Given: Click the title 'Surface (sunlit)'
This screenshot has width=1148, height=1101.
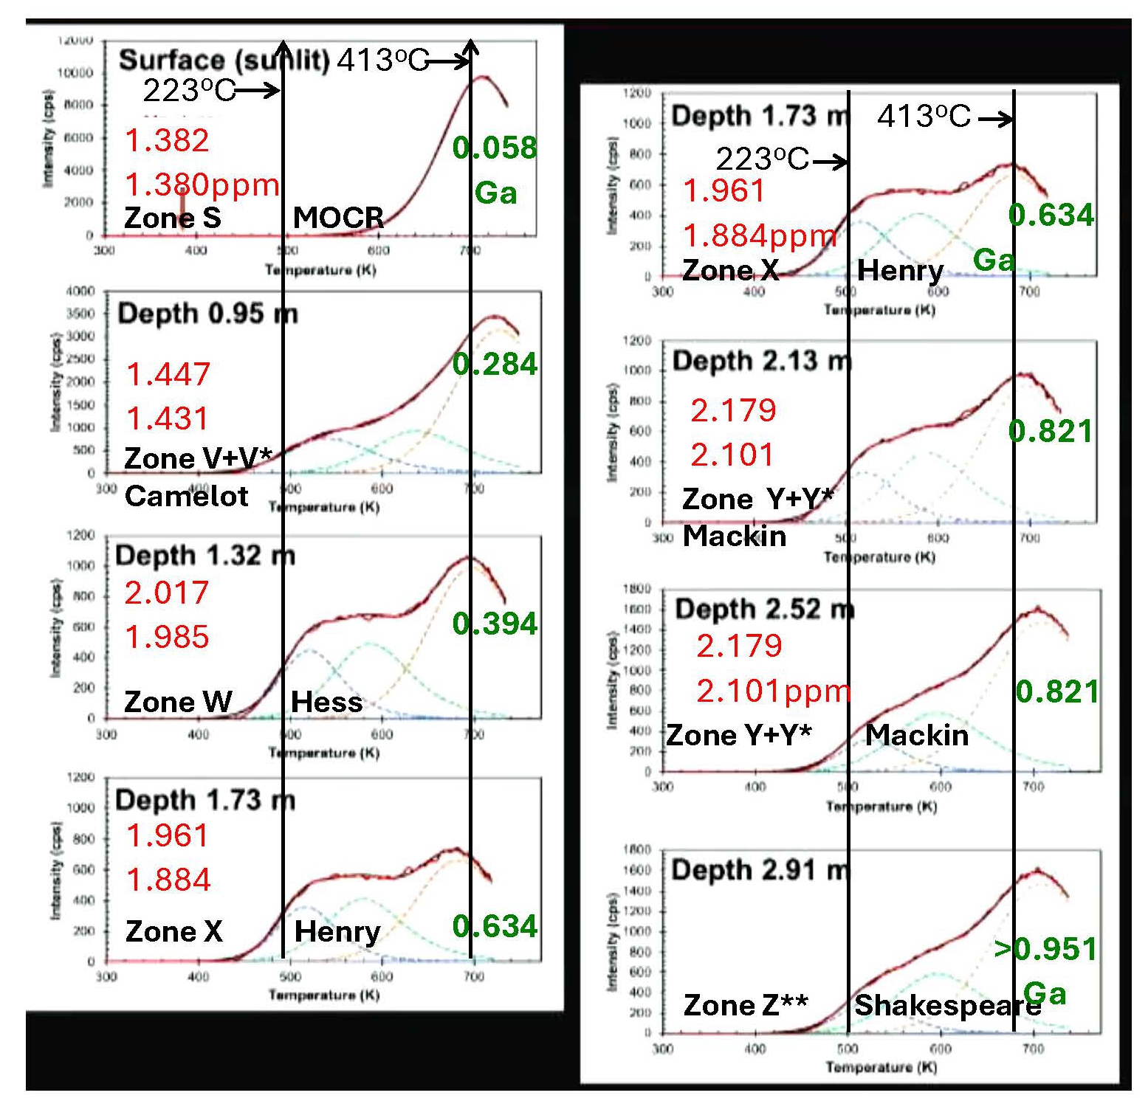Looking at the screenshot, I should pyautogui.click(x=224, y=61).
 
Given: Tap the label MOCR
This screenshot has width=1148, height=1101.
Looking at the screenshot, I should pyautogui.click(x=338, y=218).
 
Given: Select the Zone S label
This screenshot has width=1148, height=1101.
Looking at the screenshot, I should pyautogui.click(x=172, y=218).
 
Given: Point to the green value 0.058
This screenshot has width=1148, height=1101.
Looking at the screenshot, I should pyautogui.click(x=494, y=148).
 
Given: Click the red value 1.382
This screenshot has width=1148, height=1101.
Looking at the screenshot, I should pyautogui.click(x=167, y=140).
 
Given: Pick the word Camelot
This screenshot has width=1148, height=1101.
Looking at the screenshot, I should pyautogui.click(x=186, y=496).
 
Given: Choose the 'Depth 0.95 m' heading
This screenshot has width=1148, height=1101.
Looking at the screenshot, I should pyautogui.click(x=207, y=314).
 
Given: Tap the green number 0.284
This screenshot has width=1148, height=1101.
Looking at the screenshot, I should pyautogui.click(x=494, y=364).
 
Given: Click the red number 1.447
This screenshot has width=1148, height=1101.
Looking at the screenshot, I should pyautogui.click(x=168, y=374).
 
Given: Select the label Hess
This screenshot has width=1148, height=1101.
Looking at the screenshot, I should pyautogui.click(x=326, y=702).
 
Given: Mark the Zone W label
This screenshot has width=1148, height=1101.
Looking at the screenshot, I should pyautogui.click(x=177, y=702).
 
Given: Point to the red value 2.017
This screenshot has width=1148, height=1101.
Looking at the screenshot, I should pyautogui.click(x=166, y=593).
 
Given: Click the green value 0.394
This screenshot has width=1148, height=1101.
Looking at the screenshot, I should pyautogui.click(x=494, y=624).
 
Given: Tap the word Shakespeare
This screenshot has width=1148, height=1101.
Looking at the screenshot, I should pyautogui.click(x=947, y=1005).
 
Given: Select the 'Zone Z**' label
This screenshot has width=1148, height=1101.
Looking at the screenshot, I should pyautogui.click(x=745, y=1005).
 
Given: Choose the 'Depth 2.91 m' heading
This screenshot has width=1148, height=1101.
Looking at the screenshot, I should pyautogui.click(x=760, y=870).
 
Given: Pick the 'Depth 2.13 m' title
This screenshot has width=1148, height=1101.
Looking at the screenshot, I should pyautogui.click(x=761, y=361).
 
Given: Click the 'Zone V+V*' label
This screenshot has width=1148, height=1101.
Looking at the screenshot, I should pyautogui.click(x=198, y=458).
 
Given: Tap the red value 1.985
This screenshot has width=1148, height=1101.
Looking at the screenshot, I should pyautogui.click(x=167, y=637).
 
